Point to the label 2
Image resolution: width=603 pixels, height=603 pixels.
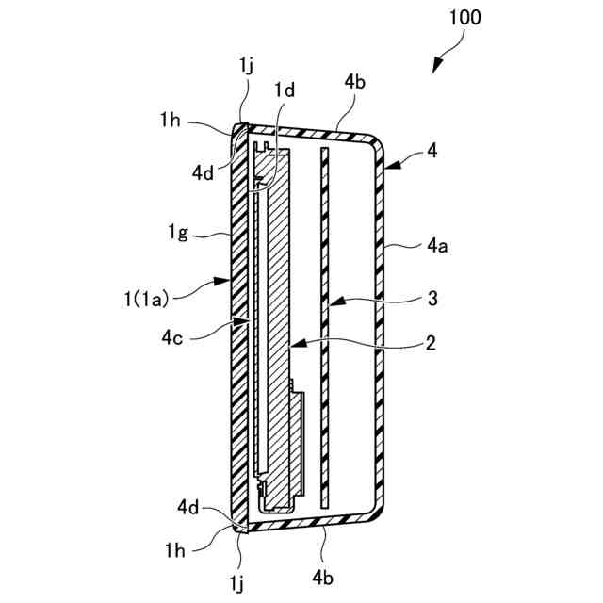(429, 344)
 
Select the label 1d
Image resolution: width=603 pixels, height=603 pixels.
(285, 90)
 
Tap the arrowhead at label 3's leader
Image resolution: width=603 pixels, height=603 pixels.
(332, 303)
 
